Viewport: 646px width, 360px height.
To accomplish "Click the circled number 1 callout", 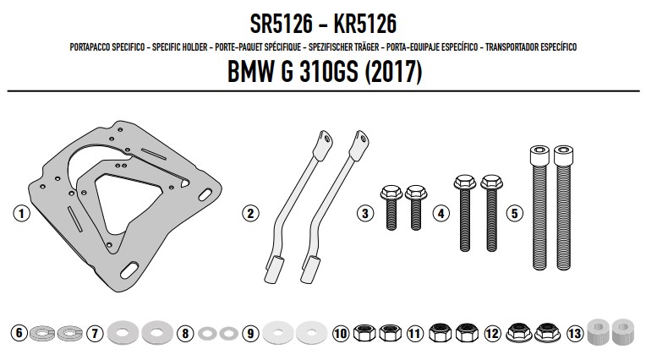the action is [x=21, y=213].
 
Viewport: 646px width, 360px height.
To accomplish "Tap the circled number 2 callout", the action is [x=250, y=213].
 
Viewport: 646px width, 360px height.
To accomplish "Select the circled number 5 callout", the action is [x=515, y=213].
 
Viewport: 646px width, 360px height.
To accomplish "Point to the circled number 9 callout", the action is [x=250, y=333].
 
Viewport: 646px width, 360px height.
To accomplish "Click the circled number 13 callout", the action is [x=575, y=333].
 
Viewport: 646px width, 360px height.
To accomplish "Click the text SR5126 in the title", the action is [x=282, y=24].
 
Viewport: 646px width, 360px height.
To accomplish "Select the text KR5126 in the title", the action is [x=365, y=24].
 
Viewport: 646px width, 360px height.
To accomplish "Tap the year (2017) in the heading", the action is [x=393, y=72].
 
